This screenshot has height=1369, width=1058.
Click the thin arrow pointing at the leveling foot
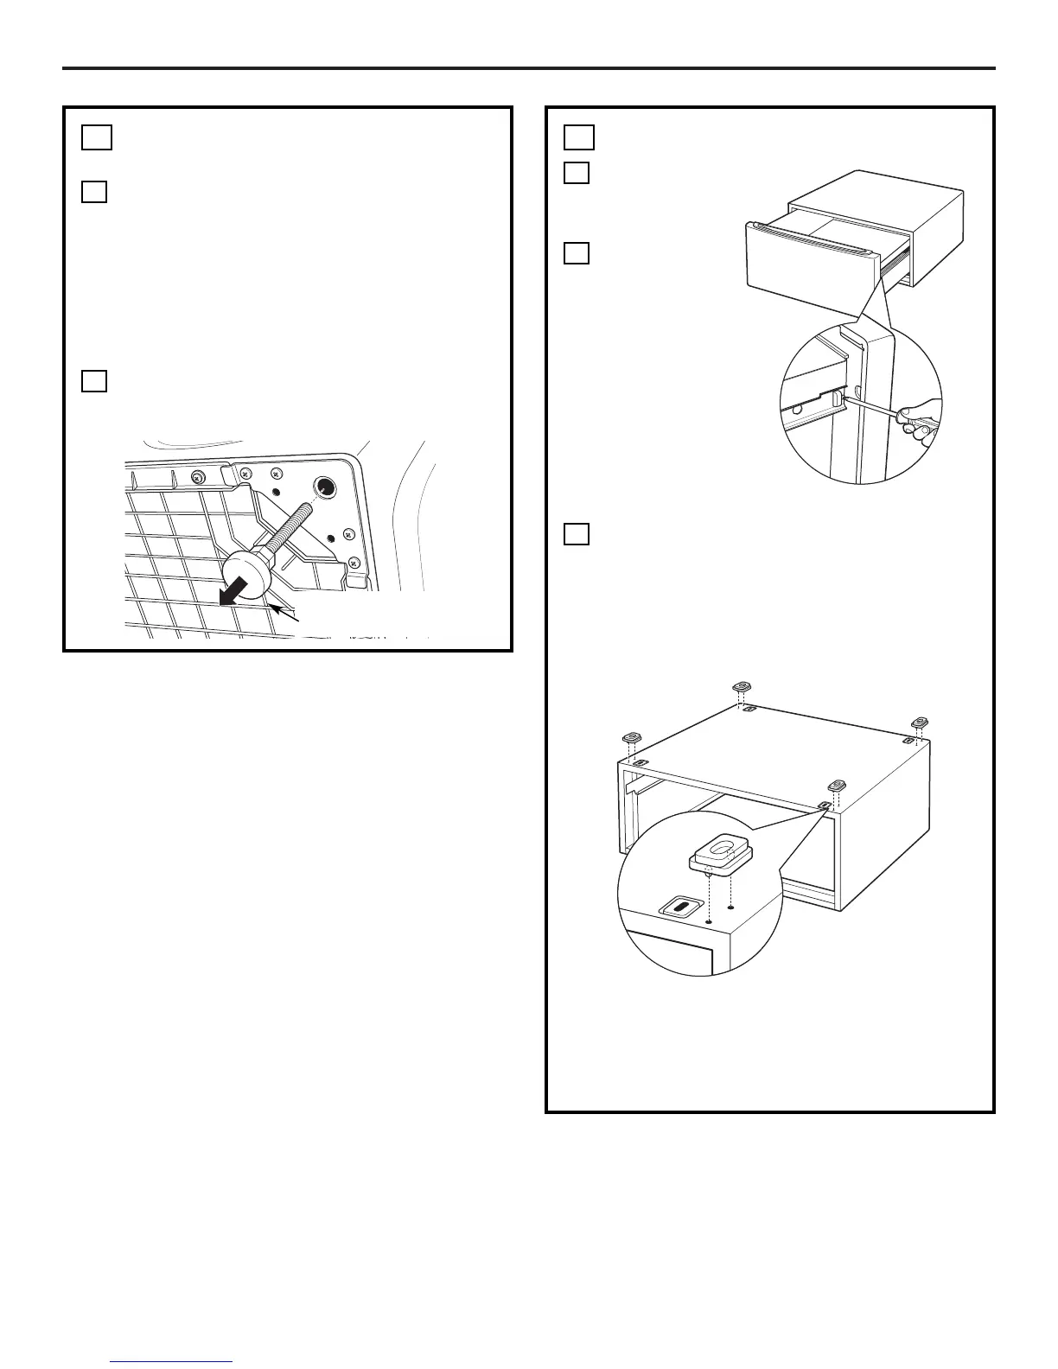click(x=284, y=614)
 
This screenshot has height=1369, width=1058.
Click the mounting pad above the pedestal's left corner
click(x=632, y=738)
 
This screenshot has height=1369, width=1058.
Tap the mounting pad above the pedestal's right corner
click(x=919, y=722)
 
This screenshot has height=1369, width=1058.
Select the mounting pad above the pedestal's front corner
click(x=836, y=786)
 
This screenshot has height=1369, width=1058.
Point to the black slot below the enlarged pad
click(x=680, y=907)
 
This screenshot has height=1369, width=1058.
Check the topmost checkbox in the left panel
click(x=98, y=137)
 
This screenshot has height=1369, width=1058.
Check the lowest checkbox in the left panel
click(x=95, y=380)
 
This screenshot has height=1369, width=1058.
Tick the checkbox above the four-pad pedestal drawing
click(x=577, y=534)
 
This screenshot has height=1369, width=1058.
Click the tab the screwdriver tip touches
click(x=837, y=400)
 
